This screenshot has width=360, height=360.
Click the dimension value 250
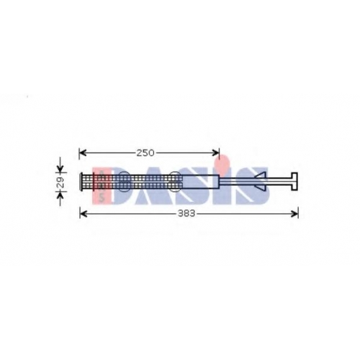point(145,153)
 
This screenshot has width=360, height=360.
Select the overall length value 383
point(186,213)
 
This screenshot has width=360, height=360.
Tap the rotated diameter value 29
point(60,182)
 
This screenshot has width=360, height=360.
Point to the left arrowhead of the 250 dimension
point(83,153)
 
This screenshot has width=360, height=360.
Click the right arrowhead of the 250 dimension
point(215,153)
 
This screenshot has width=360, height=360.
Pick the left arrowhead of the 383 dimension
point(84,213)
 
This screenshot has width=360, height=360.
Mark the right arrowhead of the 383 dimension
point(294,213)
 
